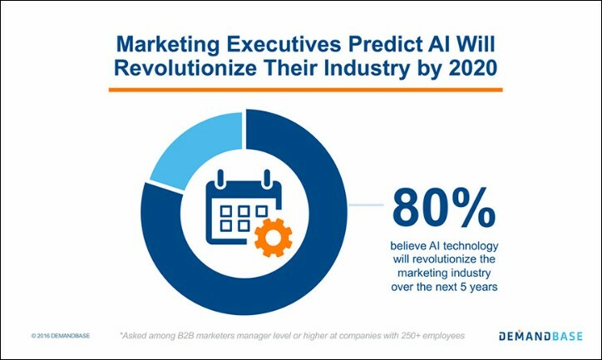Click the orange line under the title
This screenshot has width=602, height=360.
tap(307, 89)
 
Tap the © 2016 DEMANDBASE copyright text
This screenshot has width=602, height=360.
tap(61, 337)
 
